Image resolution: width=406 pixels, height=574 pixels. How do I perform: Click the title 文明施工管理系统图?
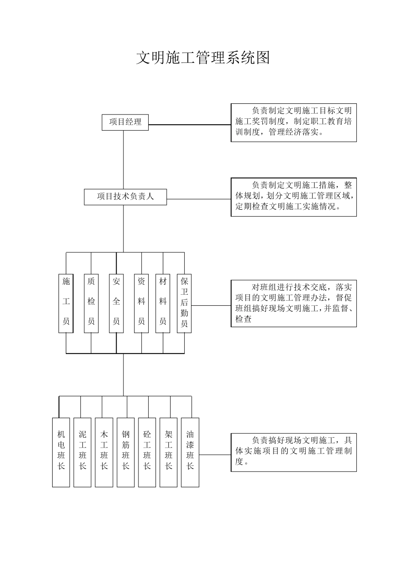203,58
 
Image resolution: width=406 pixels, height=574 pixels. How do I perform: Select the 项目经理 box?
125,122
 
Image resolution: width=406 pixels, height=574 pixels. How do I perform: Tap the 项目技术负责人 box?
125,196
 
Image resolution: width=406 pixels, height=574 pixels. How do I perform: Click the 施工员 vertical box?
66,303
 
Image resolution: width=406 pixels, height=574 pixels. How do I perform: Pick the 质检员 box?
91,303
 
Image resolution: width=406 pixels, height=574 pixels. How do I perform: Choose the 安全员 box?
116,303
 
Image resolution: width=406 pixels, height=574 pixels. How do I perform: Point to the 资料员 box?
141,303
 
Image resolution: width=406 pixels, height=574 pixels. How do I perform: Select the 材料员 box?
163,303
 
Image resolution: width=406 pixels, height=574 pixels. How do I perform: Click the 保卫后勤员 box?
184,303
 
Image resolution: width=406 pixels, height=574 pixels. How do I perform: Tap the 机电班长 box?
61,452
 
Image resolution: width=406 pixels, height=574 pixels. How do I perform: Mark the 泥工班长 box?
82,452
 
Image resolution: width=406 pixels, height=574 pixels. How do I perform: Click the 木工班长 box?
104,452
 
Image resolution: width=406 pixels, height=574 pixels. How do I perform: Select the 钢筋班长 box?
126,452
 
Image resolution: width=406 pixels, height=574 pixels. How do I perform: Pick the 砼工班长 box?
147,452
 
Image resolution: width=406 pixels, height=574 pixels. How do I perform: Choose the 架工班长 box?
168,452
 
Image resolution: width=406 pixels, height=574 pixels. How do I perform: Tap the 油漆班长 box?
190,452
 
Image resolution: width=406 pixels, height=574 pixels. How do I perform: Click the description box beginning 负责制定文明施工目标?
294,123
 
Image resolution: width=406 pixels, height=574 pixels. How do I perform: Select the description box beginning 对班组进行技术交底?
294,303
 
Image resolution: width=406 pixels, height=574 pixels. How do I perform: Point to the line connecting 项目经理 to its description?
189,125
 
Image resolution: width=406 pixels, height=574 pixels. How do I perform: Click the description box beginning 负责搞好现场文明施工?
294,452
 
